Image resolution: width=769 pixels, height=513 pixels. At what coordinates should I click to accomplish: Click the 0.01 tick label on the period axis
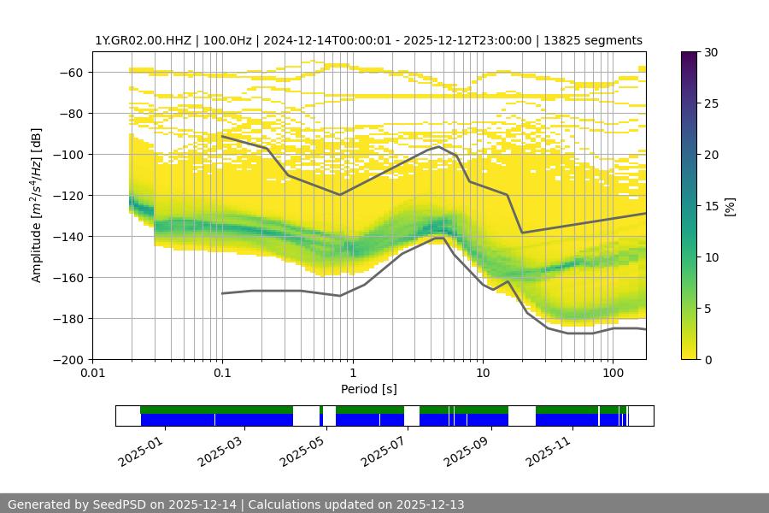(92, 374)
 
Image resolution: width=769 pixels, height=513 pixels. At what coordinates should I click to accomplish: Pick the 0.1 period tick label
(222, 374)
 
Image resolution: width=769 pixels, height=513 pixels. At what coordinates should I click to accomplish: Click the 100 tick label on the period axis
(613, 374)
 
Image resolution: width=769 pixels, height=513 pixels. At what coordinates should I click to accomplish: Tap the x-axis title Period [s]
(368, 389)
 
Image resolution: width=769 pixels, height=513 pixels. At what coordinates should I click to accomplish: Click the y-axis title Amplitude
(37, 205)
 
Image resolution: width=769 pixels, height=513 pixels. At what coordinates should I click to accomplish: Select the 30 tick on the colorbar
(711, 52)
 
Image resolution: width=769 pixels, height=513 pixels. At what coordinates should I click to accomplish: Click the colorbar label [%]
(730, 206)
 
